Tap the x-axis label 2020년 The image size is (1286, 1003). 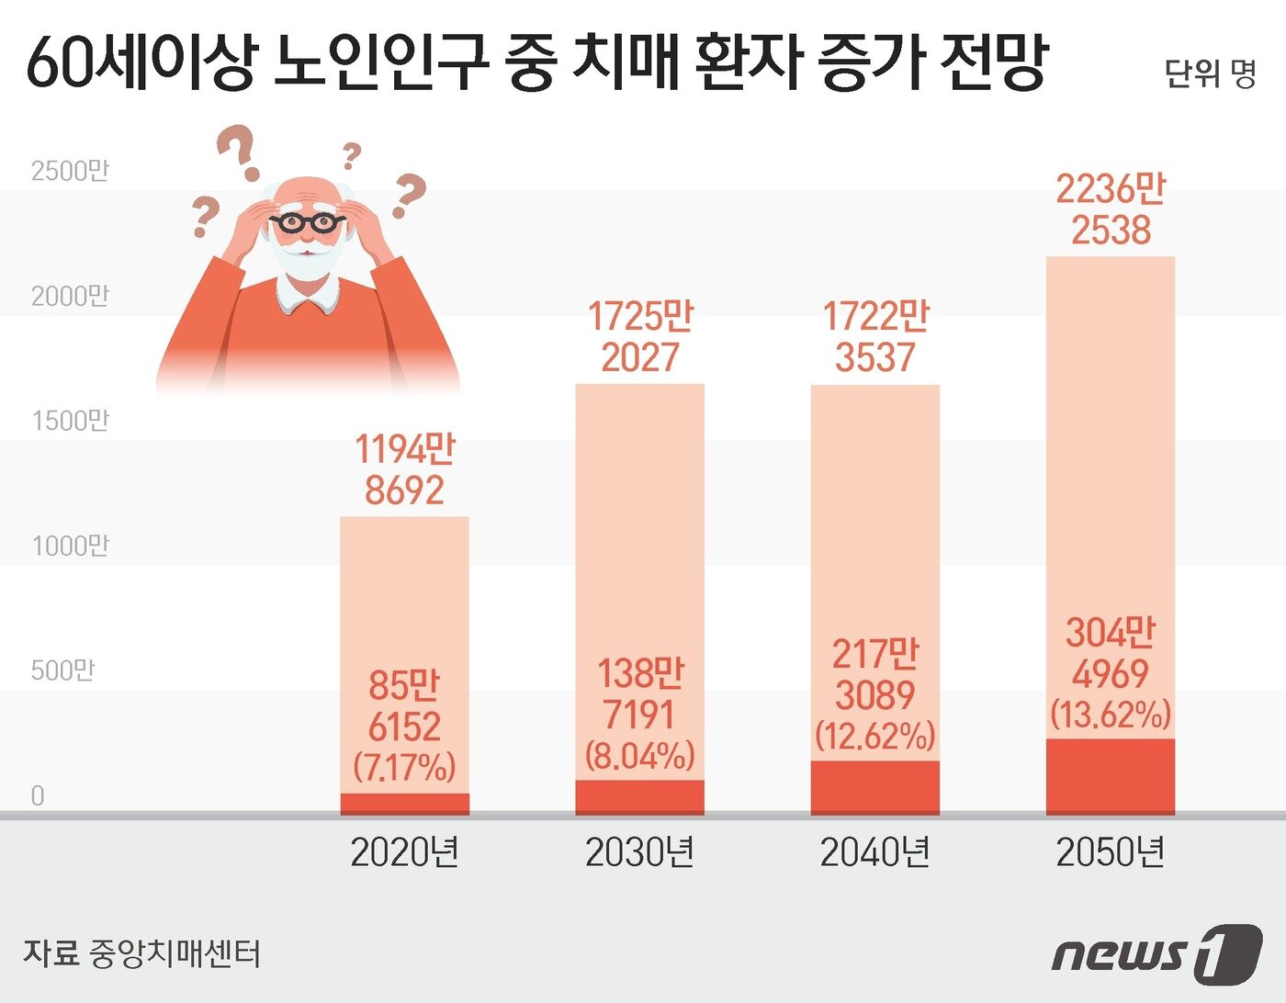click(x=404, y=853)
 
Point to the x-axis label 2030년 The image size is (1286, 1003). click(x=639, y=853)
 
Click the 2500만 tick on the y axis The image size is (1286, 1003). click(x=70, y=171)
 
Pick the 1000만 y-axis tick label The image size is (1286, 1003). click(x=70, y=546)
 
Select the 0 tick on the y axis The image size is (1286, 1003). click(x=38, y=795)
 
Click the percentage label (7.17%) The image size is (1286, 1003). click(x=404, y=767)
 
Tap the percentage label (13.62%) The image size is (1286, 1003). click(x=1111, y=714)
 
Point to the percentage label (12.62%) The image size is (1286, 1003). click(x=874, y=735)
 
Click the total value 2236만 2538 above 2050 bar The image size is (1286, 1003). click(x=1110, y=209)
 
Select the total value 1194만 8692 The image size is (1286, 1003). click(x=404, y=469)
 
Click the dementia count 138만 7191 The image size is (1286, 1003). click(x=639, y=694)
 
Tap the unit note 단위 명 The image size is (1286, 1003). click(x=1210, y=73)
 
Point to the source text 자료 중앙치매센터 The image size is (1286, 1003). click(x=142, y=953)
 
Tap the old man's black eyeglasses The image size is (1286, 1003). click(x=307, y=222)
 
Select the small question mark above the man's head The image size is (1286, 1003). click(x=350, y=156)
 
